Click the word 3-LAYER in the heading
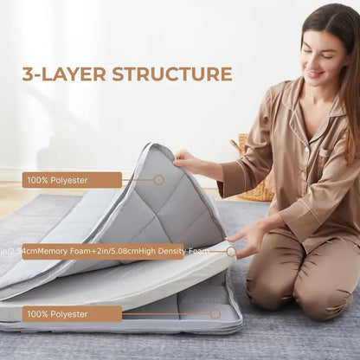[x=61, y=74]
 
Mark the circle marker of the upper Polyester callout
[x=158, y=180]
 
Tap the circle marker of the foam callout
[x=231, y=252]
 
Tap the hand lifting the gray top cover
[x=187, y=159]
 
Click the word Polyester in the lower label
[x=72, y=313]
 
